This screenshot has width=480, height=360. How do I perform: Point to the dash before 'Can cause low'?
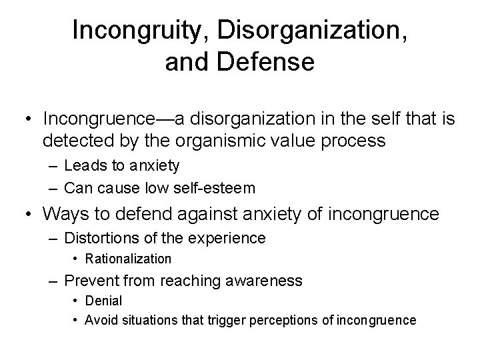(54, 188)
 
